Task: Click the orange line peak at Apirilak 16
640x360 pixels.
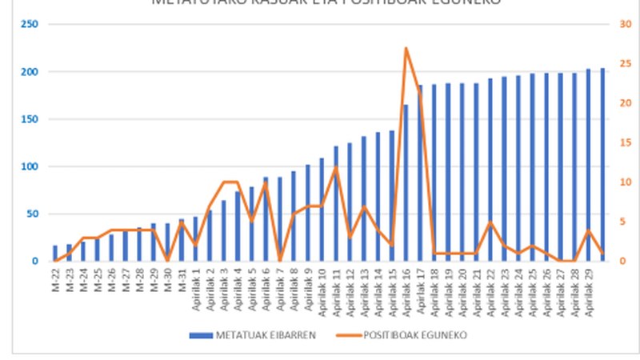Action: (x=406, y=48)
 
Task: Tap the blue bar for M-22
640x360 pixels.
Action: (x=55, y=253)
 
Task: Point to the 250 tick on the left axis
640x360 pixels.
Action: (x=29, y=24)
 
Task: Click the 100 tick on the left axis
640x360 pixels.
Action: (x=29, y=166)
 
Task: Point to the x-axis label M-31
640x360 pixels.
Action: (x=181, y=277)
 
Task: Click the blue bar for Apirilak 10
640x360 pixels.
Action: (x=322, y=209)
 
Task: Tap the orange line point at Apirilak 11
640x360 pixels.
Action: (x=336, y=166)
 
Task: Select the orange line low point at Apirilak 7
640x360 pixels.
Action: (x=279, y=261)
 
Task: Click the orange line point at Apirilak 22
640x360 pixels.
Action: (x=490, y=222)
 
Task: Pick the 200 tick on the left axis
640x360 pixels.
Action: (x=29, y=71)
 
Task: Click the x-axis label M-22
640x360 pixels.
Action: (x=54, y=277)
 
